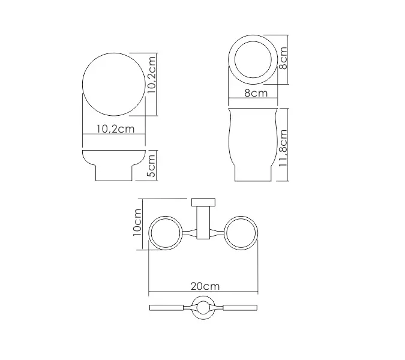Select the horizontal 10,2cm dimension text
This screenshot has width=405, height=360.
pyautogui.click(x=113, y=128)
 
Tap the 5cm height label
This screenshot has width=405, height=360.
pyautogui.click(x=151, y=164)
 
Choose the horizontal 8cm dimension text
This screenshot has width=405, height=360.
pyautogui.click(x=256, y=93)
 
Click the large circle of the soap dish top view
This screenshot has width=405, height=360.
pyautogui.click(x=113, y=83)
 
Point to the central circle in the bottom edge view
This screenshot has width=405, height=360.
pyautogui.click(x=203, y=308)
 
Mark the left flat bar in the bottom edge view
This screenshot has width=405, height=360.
pyautogui.click(x=169, y=308)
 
